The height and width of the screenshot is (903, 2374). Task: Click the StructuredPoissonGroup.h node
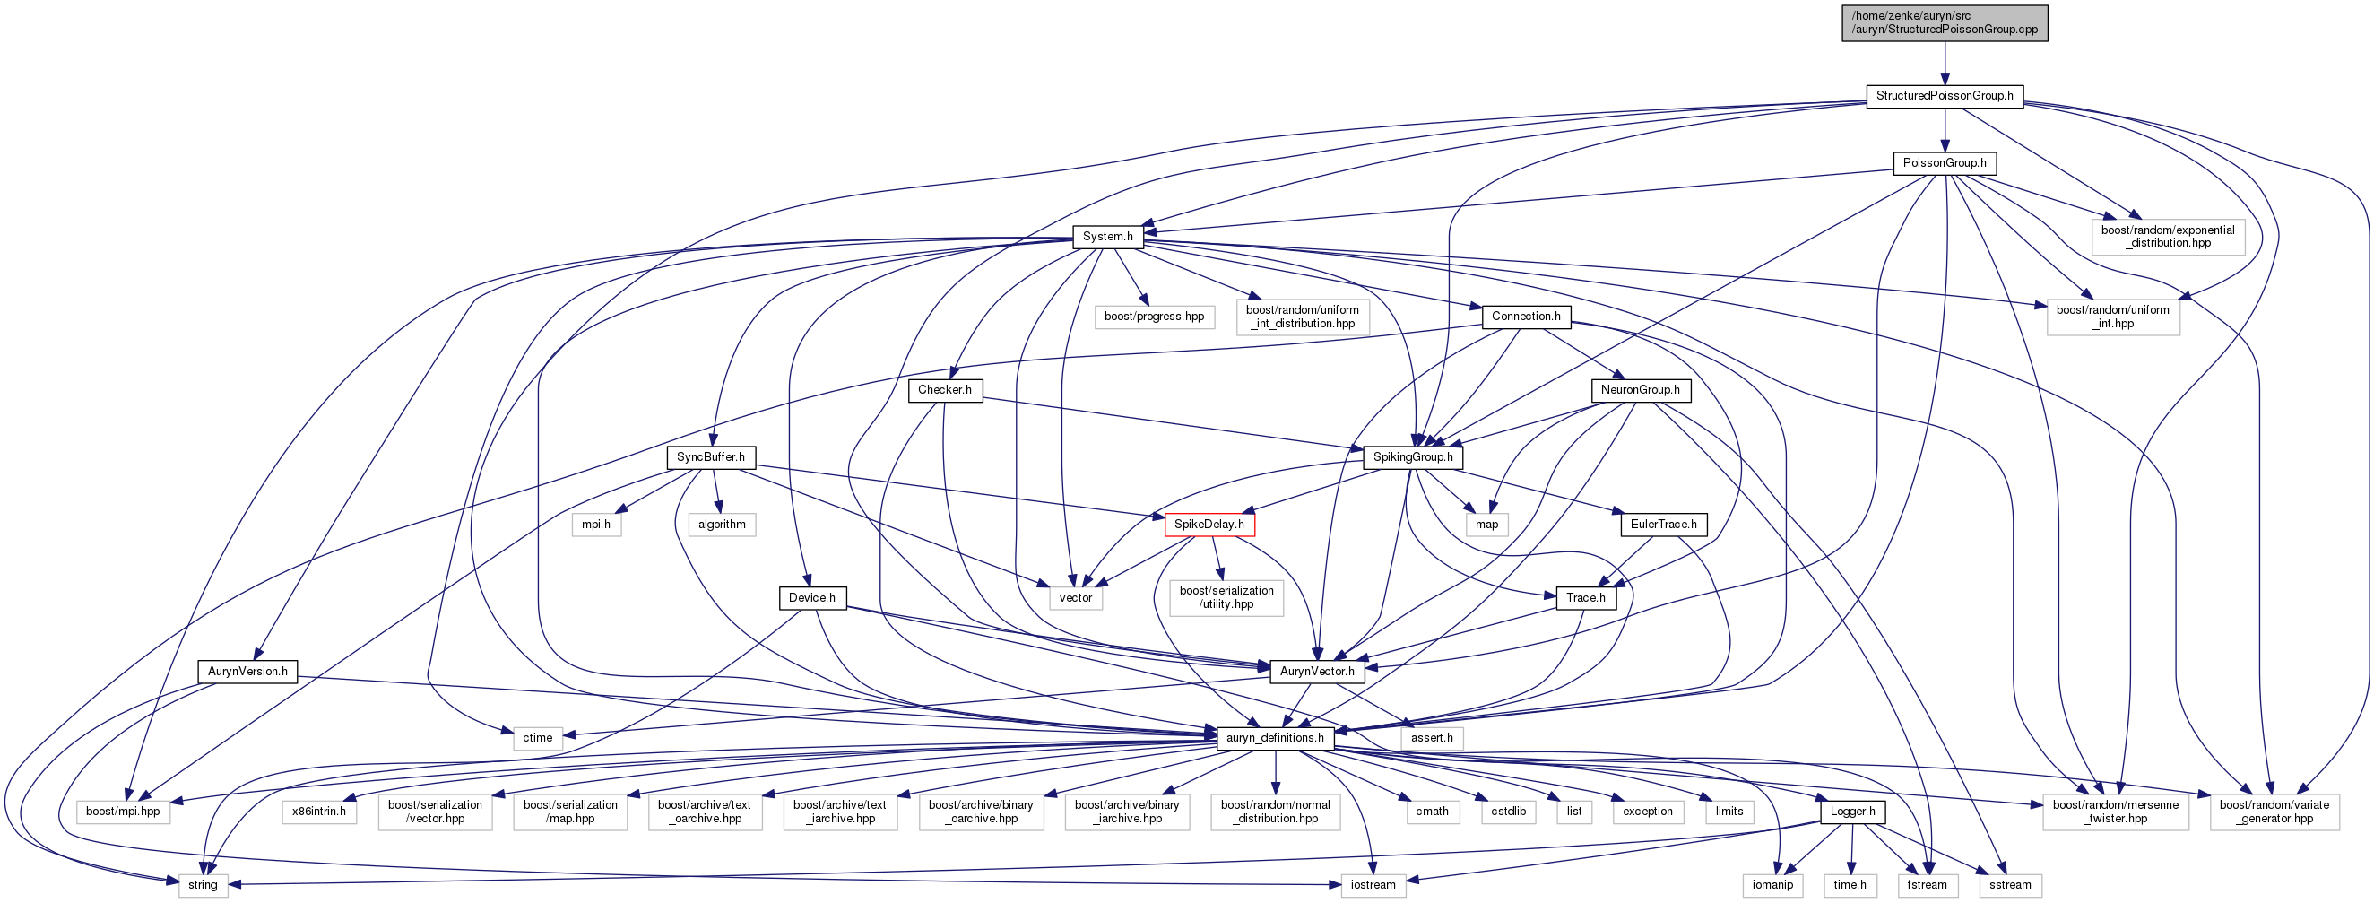point(1945,96)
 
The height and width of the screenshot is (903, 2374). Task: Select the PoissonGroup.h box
point(1945,163)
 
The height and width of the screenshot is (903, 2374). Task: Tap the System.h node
point(1108,237)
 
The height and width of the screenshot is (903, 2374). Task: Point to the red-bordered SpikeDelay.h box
point(1209,525)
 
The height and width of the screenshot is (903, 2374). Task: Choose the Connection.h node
point(1526,317)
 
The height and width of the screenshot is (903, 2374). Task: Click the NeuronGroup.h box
point(1641,391)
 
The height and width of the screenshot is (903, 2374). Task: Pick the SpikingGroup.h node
point(1413,457)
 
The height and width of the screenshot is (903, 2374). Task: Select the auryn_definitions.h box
point(1276,738)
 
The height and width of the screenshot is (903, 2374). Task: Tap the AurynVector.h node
point(1317,672)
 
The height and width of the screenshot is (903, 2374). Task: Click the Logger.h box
point(1852,812)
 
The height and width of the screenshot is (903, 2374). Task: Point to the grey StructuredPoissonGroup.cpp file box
point(1945,23)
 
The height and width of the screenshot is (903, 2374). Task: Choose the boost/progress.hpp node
point(1154,317)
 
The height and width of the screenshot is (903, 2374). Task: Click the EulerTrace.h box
point(1663,525)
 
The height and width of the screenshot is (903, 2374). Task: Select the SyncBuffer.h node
point(711,457)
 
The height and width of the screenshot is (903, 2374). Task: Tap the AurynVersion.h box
point(247,672)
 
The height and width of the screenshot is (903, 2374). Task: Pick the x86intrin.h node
point(319,812)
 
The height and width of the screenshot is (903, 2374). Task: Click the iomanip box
point(1772,885)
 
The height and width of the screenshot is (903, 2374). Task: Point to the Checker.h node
point(945,391)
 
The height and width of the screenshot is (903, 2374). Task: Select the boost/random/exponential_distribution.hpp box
point(2168,237)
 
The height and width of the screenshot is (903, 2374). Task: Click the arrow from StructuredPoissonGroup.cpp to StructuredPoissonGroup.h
point(1945,64)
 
